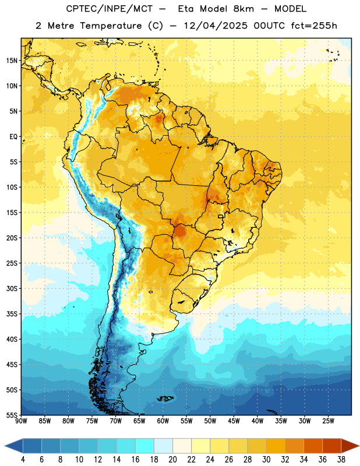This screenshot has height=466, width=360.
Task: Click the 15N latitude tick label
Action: (12, 61)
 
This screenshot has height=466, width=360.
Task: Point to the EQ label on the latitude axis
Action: (14, 137)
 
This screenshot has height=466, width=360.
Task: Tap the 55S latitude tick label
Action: (12, 415)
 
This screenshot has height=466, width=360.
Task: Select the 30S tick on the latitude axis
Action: (12, 288)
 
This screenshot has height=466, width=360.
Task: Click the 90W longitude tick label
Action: (22, 421)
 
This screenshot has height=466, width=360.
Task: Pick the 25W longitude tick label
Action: (328, 421)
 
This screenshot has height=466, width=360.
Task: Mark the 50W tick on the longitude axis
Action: (210, 421)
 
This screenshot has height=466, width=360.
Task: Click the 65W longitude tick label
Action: (139, 421)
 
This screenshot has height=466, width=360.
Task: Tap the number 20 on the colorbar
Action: (172, 460)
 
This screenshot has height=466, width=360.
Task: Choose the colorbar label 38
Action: (341, 460)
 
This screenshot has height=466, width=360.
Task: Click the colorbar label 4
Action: (23, 460)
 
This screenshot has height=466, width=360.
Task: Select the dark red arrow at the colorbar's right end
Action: (350, 446)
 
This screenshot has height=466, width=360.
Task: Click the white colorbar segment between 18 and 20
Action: (163, 446)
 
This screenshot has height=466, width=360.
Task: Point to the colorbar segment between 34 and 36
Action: (313, 446)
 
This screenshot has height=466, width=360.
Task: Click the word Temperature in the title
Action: (111, 26)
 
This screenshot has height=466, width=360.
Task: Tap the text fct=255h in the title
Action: (314, 26)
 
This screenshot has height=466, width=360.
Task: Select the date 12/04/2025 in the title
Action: (216, 26)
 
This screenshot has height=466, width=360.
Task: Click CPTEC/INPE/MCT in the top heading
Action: (110, 9)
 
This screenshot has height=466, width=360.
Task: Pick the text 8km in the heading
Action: (243, 9)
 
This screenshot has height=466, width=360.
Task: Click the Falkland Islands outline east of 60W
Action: (165, 398)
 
